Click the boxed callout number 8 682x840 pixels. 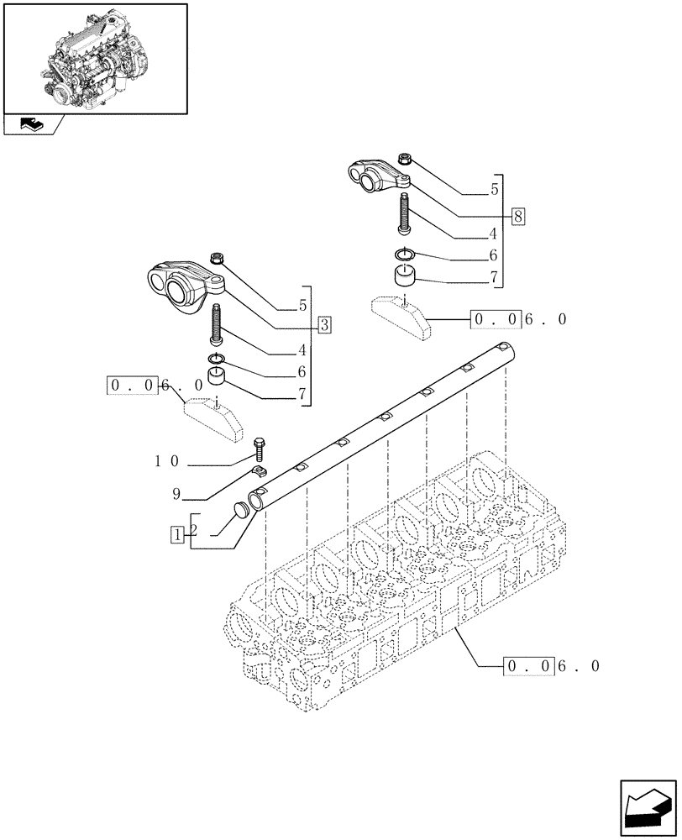click(517, 217)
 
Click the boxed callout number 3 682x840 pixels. click(325, 324)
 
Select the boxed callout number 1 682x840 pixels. click(177, 533)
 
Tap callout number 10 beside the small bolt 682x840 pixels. click(167, 461)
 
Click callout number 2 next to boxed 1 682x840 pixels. click(194, 530)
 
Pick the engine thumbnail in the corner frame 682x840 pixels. click(95, 57)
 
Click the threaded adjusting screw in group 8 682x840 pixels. click(405, 213)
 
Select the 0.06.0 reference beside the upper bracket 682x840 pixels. click(519, 320)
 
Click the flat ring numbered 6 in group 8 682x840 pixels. click(404, 255)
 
